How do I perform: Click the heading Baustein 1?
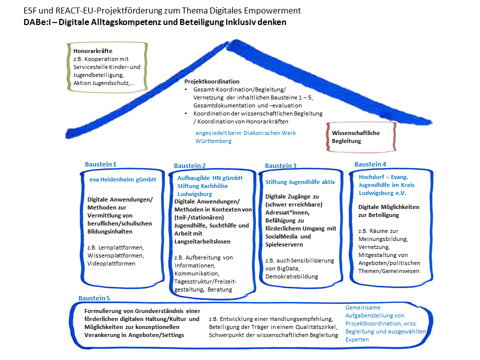100,164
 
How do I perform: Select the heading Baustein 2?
189,165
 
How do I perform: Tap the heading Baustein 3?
280,165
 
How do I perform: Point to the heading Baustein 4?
370,164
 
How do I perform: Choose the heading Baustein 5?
94,298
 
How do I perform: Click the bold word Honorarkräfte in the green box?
92,51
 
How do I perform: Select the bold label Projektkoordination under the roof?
212,81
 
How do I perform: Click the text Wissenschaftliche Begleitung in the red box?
356,137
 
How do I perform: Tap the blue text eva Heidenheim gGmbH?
119,179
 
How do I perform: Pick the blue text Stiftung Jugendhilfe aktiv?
300,182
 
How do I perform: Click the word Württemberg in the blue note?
213,141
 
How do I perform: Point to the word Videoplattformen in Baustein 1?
111,263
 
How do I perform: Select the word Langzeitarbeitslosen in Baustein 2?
202,241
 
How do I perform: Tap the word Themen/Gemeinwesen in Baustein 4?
389,271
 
